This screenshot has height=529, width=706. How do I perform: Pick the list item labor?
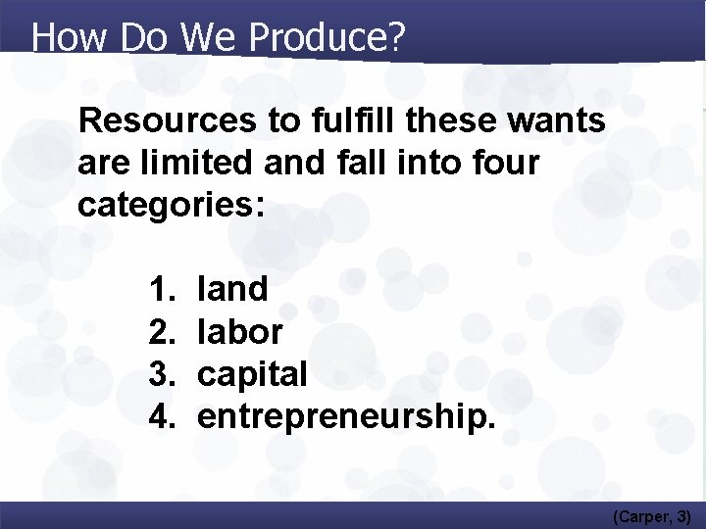coord(240,331)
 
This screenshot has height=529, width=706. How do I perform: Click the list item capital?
coord(253,374)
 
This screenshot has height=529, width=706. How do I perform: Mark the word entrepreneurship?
coord(346,417)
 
